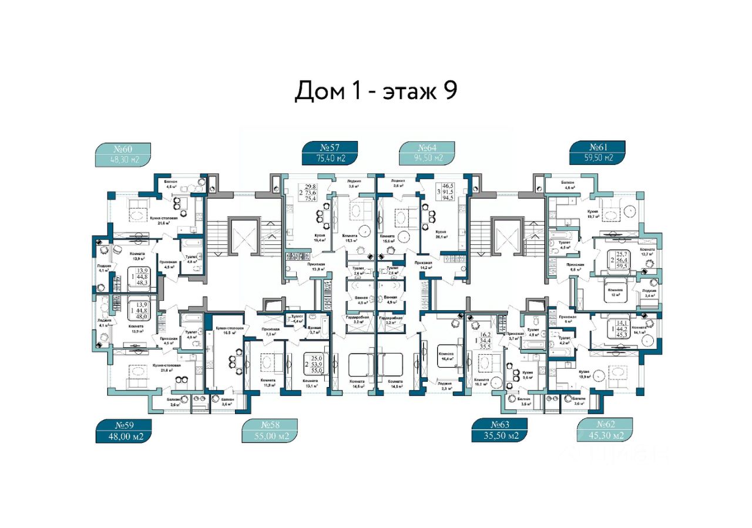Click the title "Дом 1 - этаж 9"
tap(375, 92)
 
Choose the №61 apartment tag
tap(597, 153)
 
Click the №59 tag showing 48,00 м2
tap(123, 431)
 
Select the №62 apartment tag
tap(605, 431)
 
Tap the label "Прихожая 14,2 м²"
tap(424, 265)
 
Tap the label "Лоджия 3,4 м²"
tap(649, 294)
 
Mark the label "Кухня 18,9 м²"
tap(584, 375)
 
